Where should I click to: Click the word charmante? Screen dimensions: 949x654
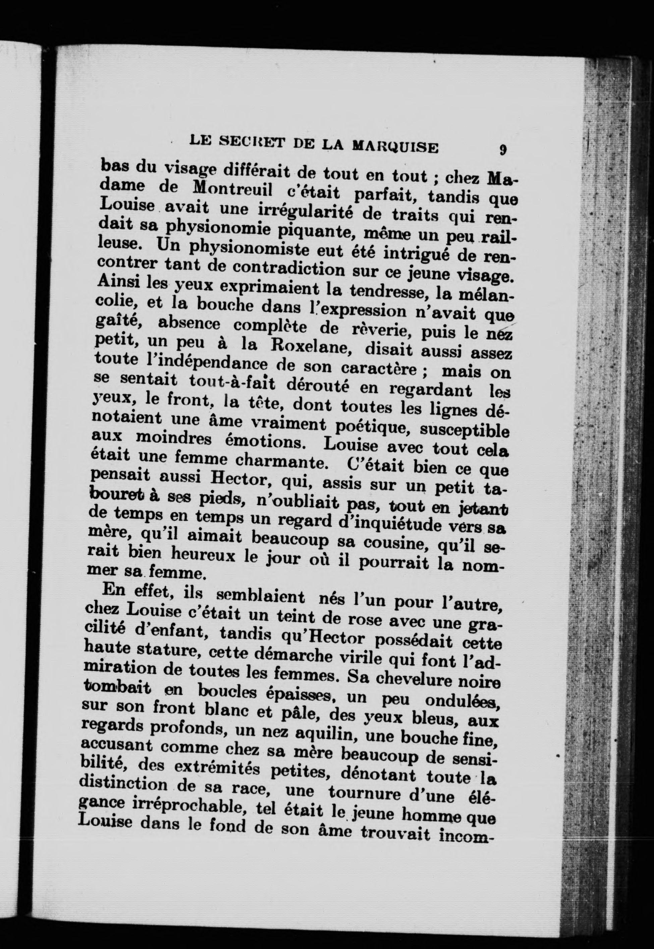click(x=280, y=461)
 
